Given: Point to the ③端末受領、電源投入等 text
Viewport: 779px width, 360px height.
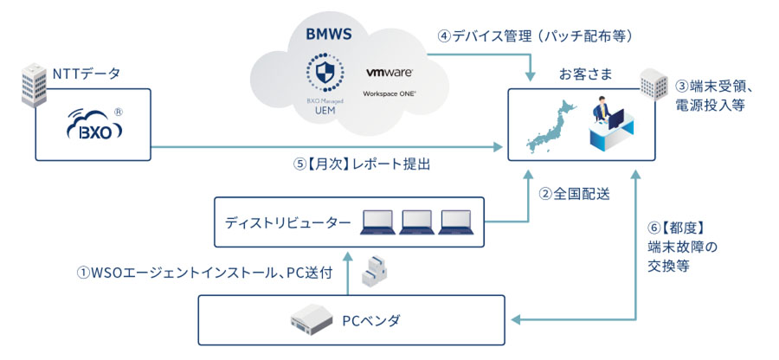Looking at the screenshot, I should pyautogui.click(x=718, y=96).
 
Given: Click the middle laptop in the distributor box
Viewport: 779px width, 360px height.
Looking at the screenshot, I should pyautogui.click(x=415, y=221).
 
